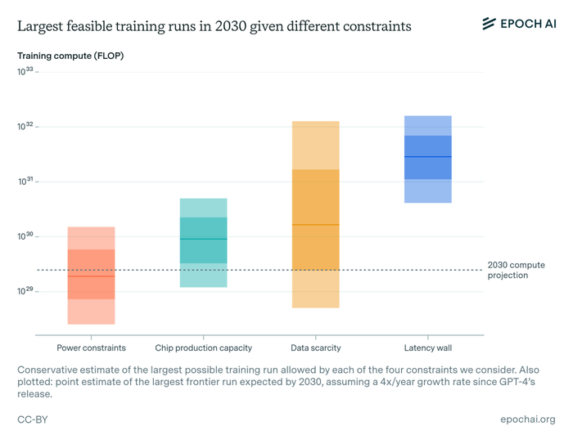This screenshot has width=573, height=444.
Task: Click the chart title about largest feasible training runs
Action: (214, 26)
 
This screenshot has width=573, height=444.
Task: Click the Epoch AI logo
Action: (518, 24)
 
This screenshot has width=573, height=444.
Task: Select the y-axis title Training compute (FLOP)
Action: (70, 56)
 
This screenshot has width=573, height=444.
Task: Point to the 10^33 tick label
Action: (25, 72)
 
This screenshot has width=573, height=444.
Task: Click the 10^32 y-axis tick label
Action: (25, 127)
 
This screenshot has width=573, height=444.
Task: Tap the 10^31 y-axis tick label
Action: (25, 182)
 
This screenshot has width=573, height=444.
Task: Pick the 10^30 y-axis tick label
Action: (25, 236)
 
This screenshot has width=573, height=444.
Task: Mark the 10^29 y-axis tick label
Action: (25, 291)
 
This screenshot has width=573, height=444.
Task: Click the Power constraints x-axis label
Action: (91, 348)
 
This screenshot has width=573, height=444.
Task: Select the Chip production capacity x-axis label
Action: (203, 348)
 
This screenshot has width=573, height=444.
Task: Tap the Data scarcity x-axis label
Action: (315, 348)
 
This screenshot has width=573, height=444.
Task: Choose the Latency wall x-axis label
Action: (427, 348)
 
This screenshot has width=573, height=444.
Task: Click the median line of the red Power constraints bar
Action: (91, 276)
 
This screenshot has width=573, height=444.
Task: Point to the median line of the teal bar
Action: (203, 239)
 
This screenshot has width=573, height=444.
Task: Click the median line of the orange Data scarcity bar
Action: (315, 224)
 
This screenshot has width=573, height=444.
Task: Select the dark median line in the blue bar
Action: (427, 156)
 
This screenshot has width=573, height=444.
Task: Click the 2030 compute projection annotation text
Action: (516, 270)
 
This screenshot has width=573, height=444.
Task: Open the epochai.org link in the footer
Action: (527, 419)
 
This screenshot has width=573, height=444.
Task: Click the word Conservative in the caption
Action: (50, 370)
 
